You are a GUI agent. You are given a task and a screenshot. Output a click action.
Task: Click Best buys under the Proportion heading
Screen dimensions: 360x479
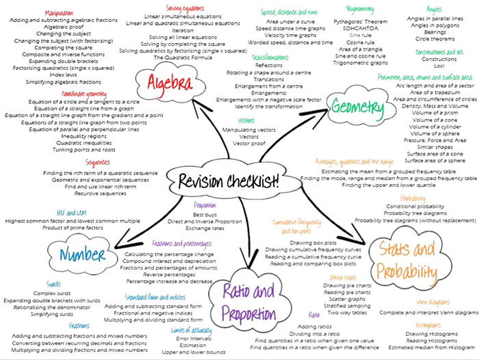pyautogui.click(x=205, y=214)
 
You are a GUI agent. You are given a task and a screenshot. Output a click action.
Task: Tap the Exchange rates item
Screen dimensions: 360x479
pyautogui.click(x=205, y=229)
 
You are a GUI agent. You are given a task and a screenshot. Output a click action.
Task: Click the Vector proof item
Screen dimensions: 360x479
pyautogui.click(x=233, y=144)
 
